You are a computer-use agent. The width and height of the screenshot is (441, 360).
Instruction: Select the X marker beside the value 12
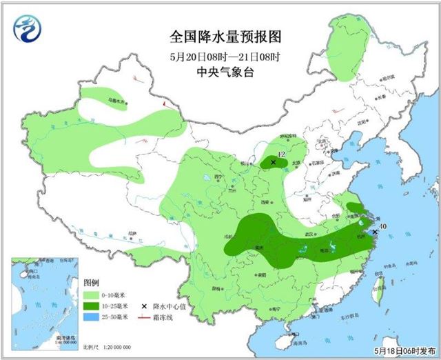click(x=274, y=163)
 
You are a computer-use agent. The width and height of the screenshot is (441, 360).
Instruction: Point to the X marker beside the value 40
click(x=374, y=233)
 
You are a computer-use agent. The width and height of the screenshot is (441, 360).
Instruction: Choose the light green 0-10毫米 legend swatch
click(x=92, y=294)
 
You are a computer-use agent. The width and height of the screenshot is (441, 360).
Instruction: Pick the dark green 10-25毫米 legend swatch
click(x=92, y=306)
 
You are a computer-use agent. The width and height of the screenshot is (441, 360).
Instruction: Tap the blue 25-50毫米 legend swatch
click(x=92, y=317)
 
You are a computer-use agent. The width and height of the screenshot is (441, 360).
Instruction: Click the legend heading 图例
click(x=92, y=283)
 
